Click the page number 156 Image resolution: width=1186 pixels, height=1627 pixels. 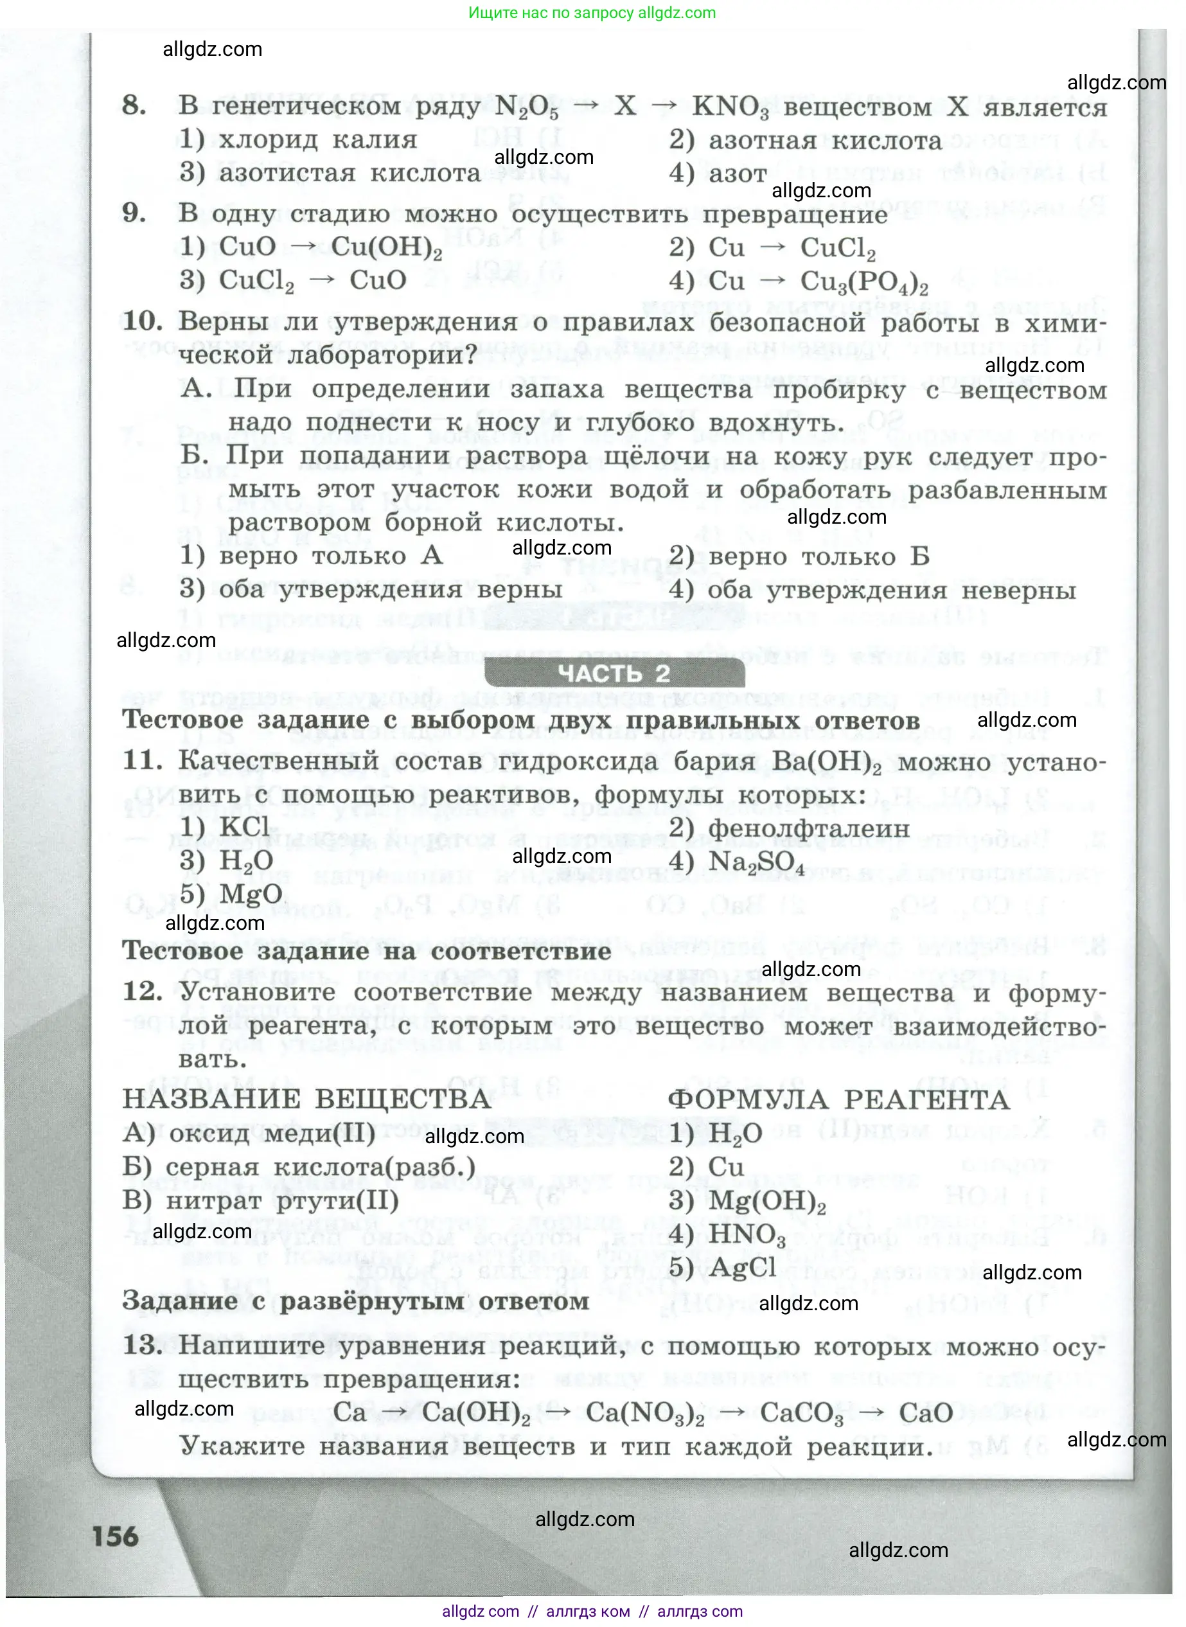point(115,1536)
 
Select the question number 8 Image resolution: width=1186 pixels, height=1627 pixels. point(134,105)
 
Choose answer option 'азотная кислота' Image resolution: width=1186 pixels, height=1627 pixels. point(825,141)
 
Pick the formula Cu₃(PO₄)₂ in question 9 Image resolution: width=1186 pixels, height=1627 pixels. point(863,281)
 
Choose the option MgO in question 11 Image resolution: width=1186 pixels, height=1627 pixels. point(251,894)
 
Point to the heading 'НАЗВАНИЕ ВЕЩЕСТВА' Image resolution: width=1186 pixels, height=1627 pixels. point(306,1100)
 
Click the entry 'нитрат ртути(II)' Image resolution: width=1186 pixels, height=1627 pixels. point(282,1200)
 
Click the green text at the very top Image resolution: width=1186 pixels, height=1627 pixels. point(592,13)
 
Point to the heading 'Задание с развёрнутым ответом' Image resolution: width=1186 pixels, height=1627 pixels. point(355,1301)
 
